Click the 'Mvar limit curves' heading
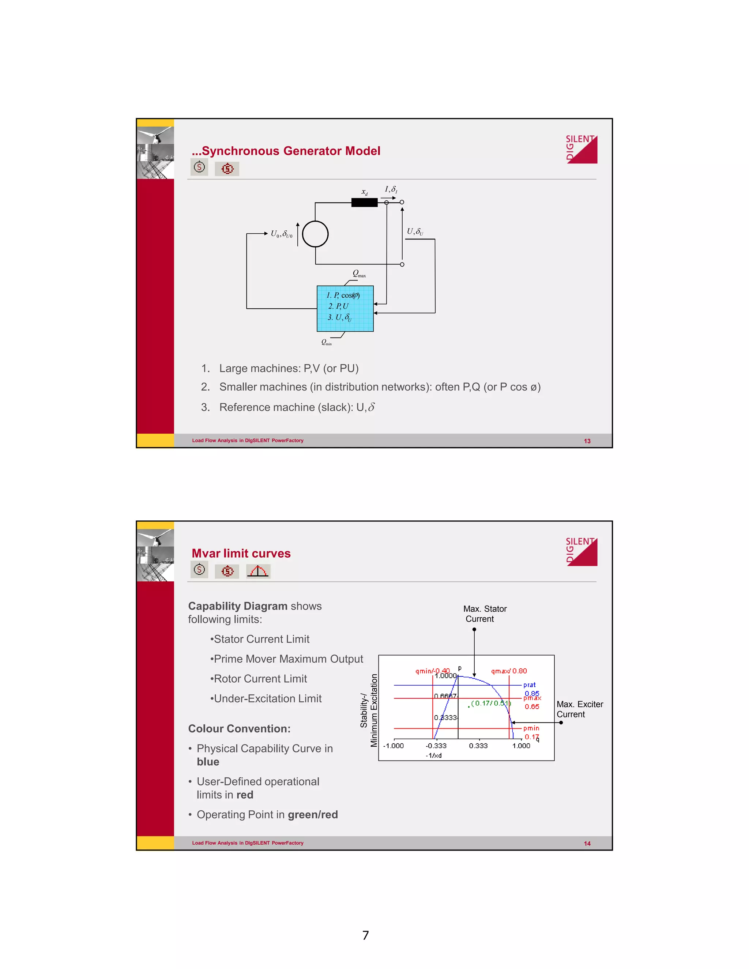[x=241, y=553]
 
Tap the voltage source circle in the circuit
[x=315, y=234]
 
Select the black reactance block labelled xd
[x=364, y=202]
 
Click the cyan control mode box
[x=345, y=308]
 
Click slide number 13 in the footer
[x=587, y=441]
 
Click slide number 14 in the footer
[x=587, y=844]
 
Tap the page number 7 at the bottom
[x=366, y=935]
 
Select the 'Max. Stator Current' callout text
[x=485, y=614]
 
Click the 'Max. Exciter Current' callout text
[x=580, y=709]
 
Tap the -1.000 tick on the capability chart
[x=393, y=746]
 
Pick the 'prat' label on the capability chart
[x=529, y=685]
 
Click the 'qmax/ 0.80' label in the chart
[x=508, y=671]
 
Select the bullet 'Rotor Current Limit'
[x=260, y=678]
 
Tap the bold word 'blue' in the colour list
[x=208, y=762]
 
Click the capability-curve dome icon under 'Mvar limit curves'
[x=258, y=571]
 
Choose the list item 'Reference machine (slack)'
[x=297, y=407]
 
